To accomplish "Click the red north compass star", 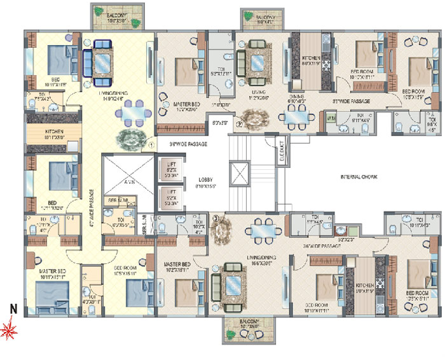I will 10,330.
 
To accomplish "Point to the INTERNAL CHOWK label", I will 359,177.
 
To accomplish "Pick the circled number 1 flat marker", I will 151,144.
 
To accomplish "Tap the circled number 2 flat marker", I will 239,125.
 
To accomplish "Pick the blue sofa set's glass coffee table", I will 102,61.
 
